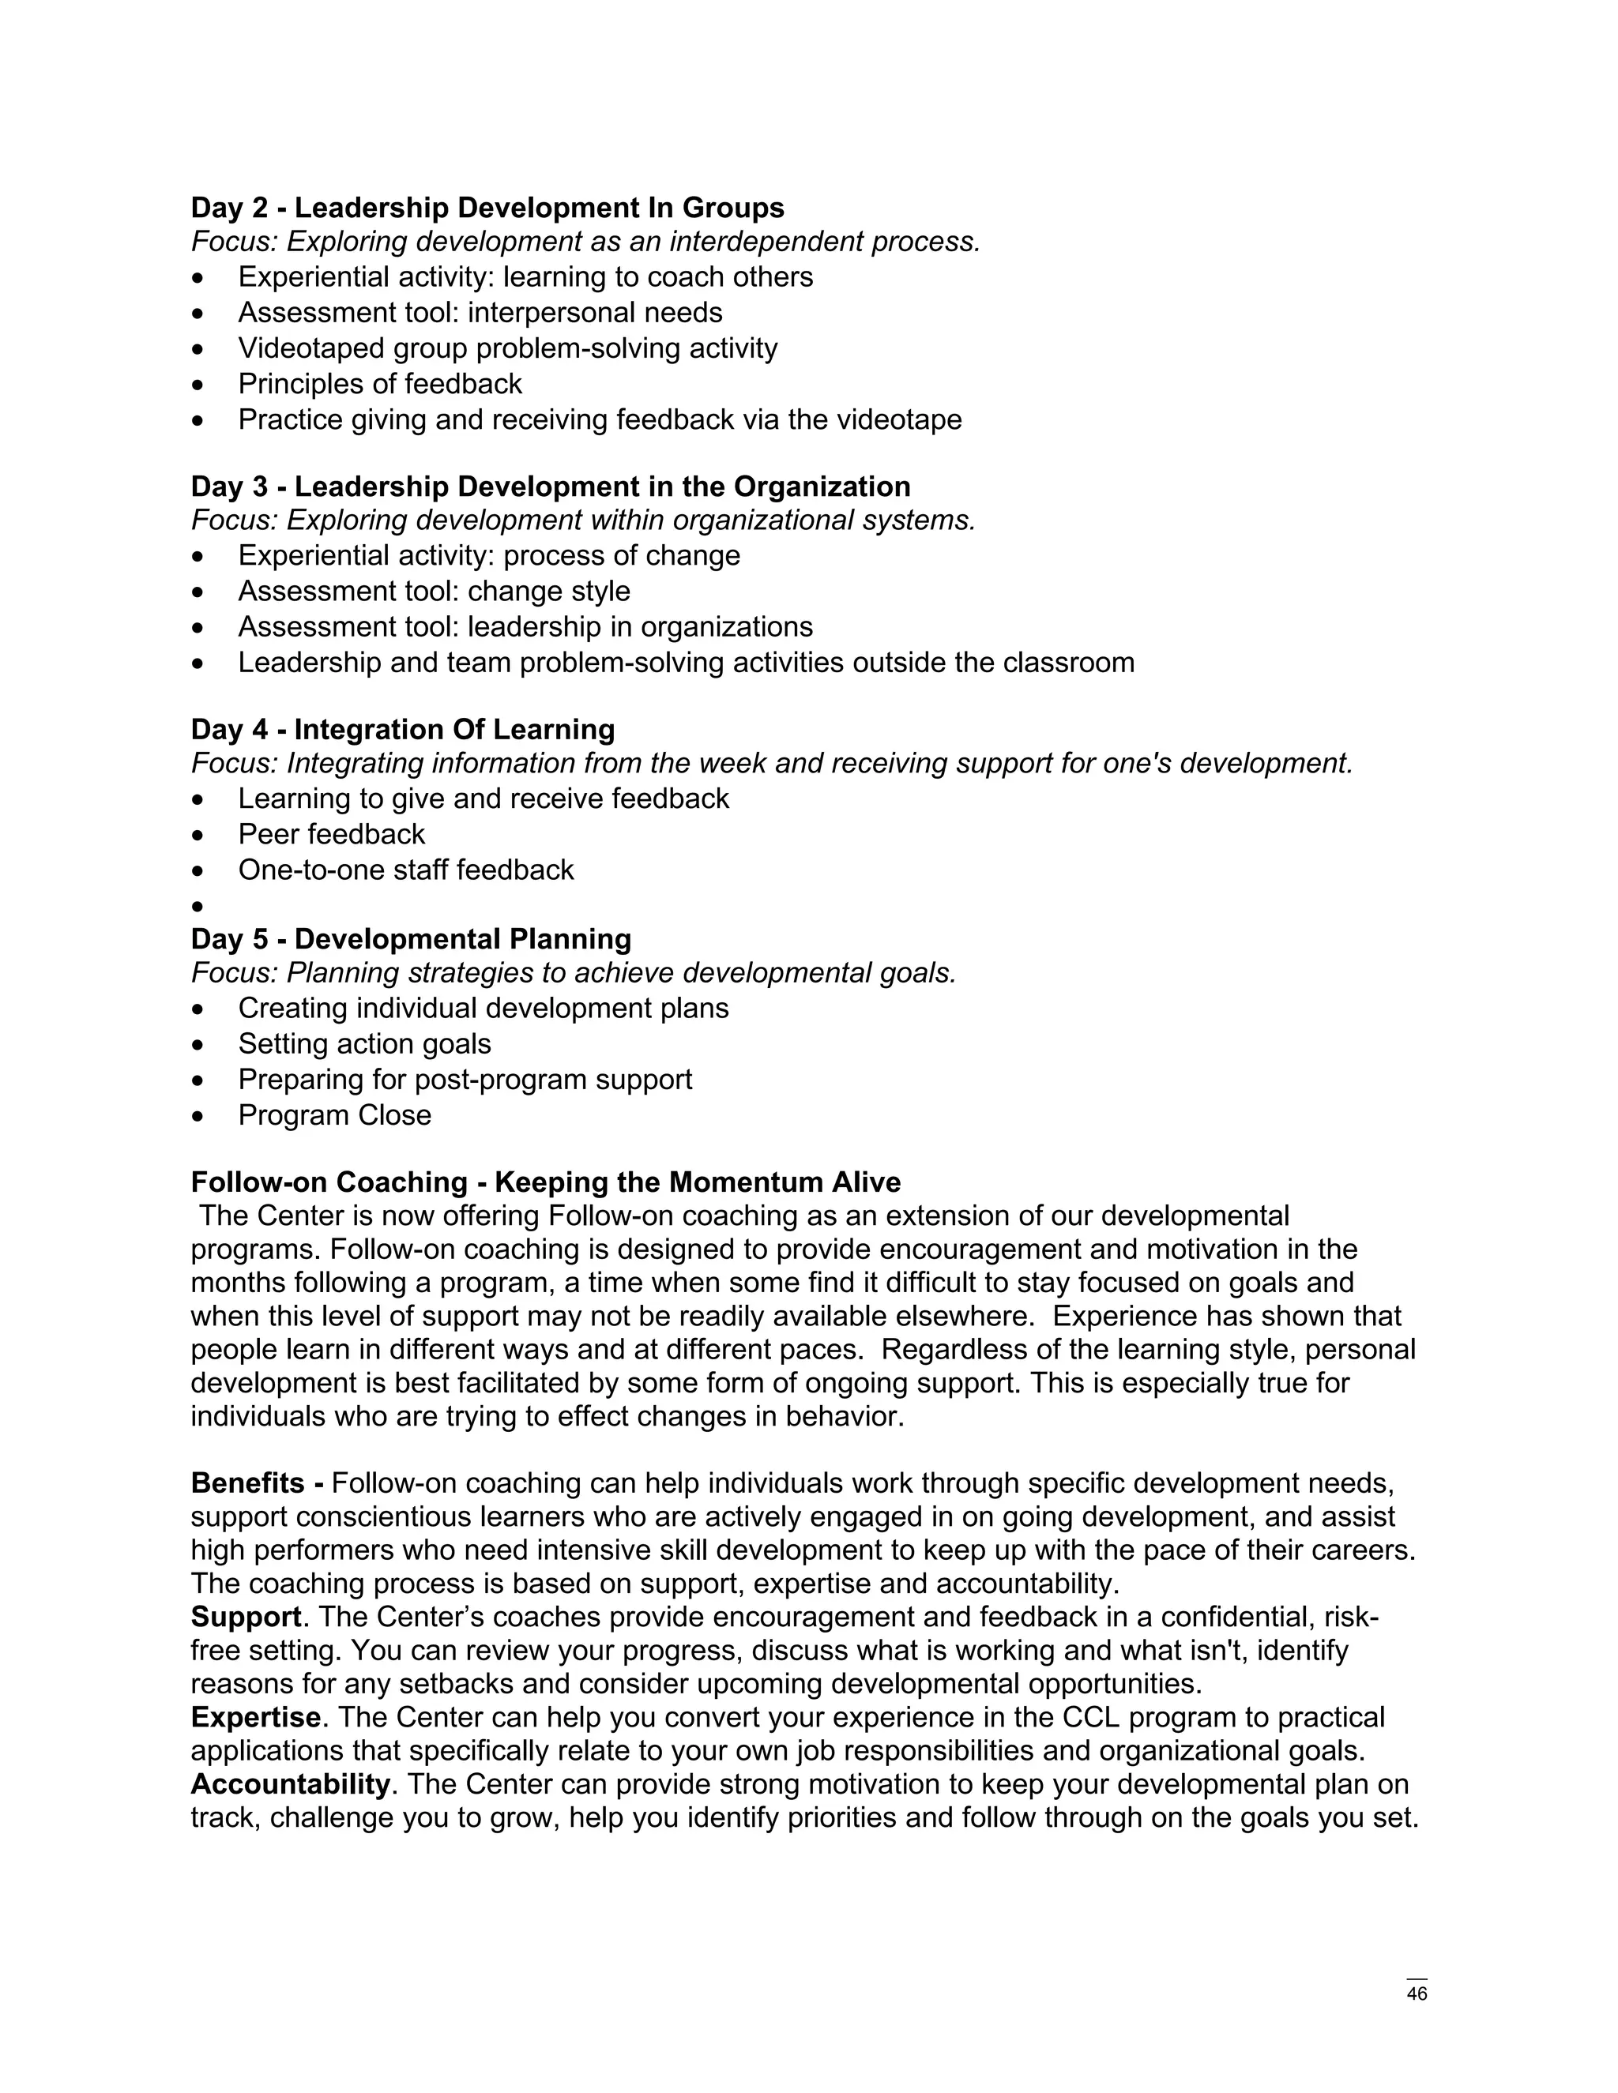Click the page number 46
(1417, 1993)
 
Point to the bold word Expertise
(255, 1717)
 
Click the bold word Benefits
(247, 1482)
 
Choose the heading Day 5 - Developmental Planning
(410, 938)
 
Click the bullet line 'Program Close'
(334, 1114)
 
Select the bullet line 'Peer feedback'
(331, 834)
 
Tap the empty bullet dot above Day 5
(198, 906)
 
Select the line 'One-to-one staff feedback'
(405, 870)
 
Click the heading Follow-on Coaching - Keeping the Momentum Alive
(545, 1182)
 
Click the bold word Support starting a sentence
(246, 1617)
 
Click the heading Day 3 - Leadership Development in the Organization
(550, 486)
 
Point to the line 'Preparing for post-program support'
(465, 1079)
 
